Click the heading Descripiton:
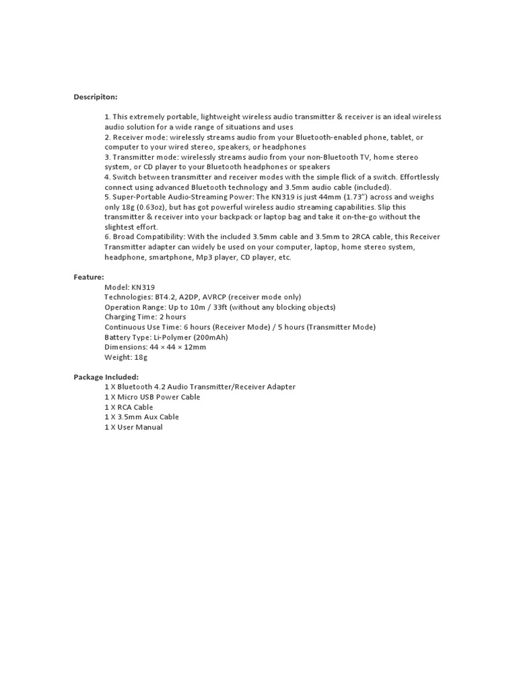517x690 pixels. (96, 97)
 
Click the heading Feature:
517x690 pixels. (89, 276)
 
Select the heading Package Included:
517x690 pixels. (106, 377)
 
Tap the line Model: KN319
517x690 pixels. (129, 286)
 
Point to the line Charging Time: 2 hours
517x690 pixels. (145, 317)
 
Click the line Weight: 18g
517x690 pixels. (125, 357)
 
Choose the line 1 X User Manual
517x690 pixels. (133, 427)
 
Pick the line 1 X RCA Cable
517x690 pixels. (129, 407)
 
